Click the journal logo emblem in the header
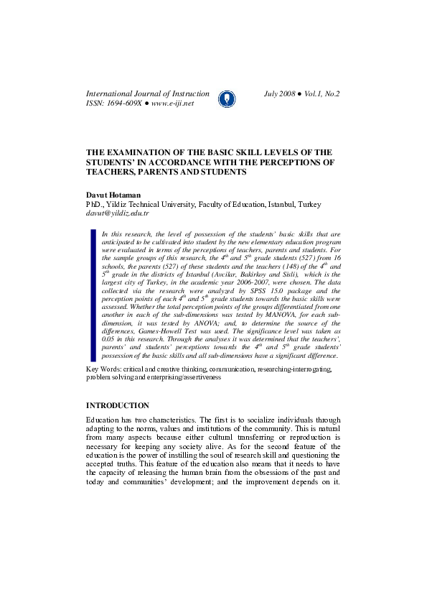(x=226, y=98)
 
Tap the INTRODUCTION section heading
(x=118, y=406)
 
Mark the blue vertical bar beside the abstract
(x=93, y=295)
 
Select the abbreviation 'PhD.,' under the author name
(x=95, y=204)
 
